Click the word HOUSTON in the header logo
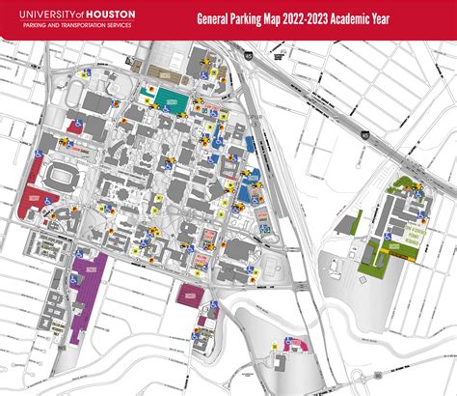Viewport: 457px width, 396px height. click(x=111, y=14)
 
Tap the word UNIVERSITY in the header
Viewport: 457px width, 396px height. click(x=40, y=14)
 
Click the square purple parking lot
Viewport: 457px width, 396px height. click(x=187, y=295)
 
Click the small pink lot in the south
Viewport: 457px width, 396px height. click(x=298, y=343)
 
